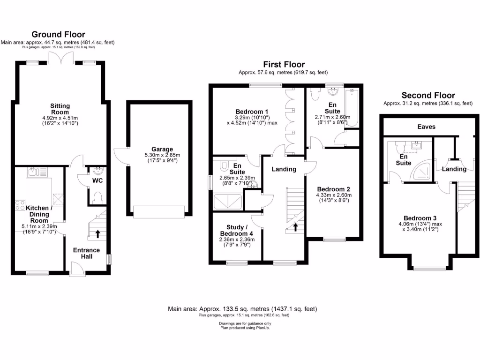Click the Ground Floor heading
click(58, 34)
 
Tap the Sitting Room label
click(60, 109)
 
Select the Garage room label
click(158, 149)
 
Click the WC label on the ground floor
click(97, 180)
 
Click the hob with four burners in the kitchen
click(21, 205)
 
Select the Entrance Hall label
click(86, 253)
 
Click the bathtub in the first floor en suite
click(351, 108)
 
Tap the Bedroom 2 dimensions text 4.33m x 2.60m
click(334, 195)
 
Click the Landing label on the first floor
click(284, 169)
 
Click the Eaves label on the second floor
click(426, 127)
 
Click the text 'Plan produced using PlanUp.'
click(245, 328)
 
